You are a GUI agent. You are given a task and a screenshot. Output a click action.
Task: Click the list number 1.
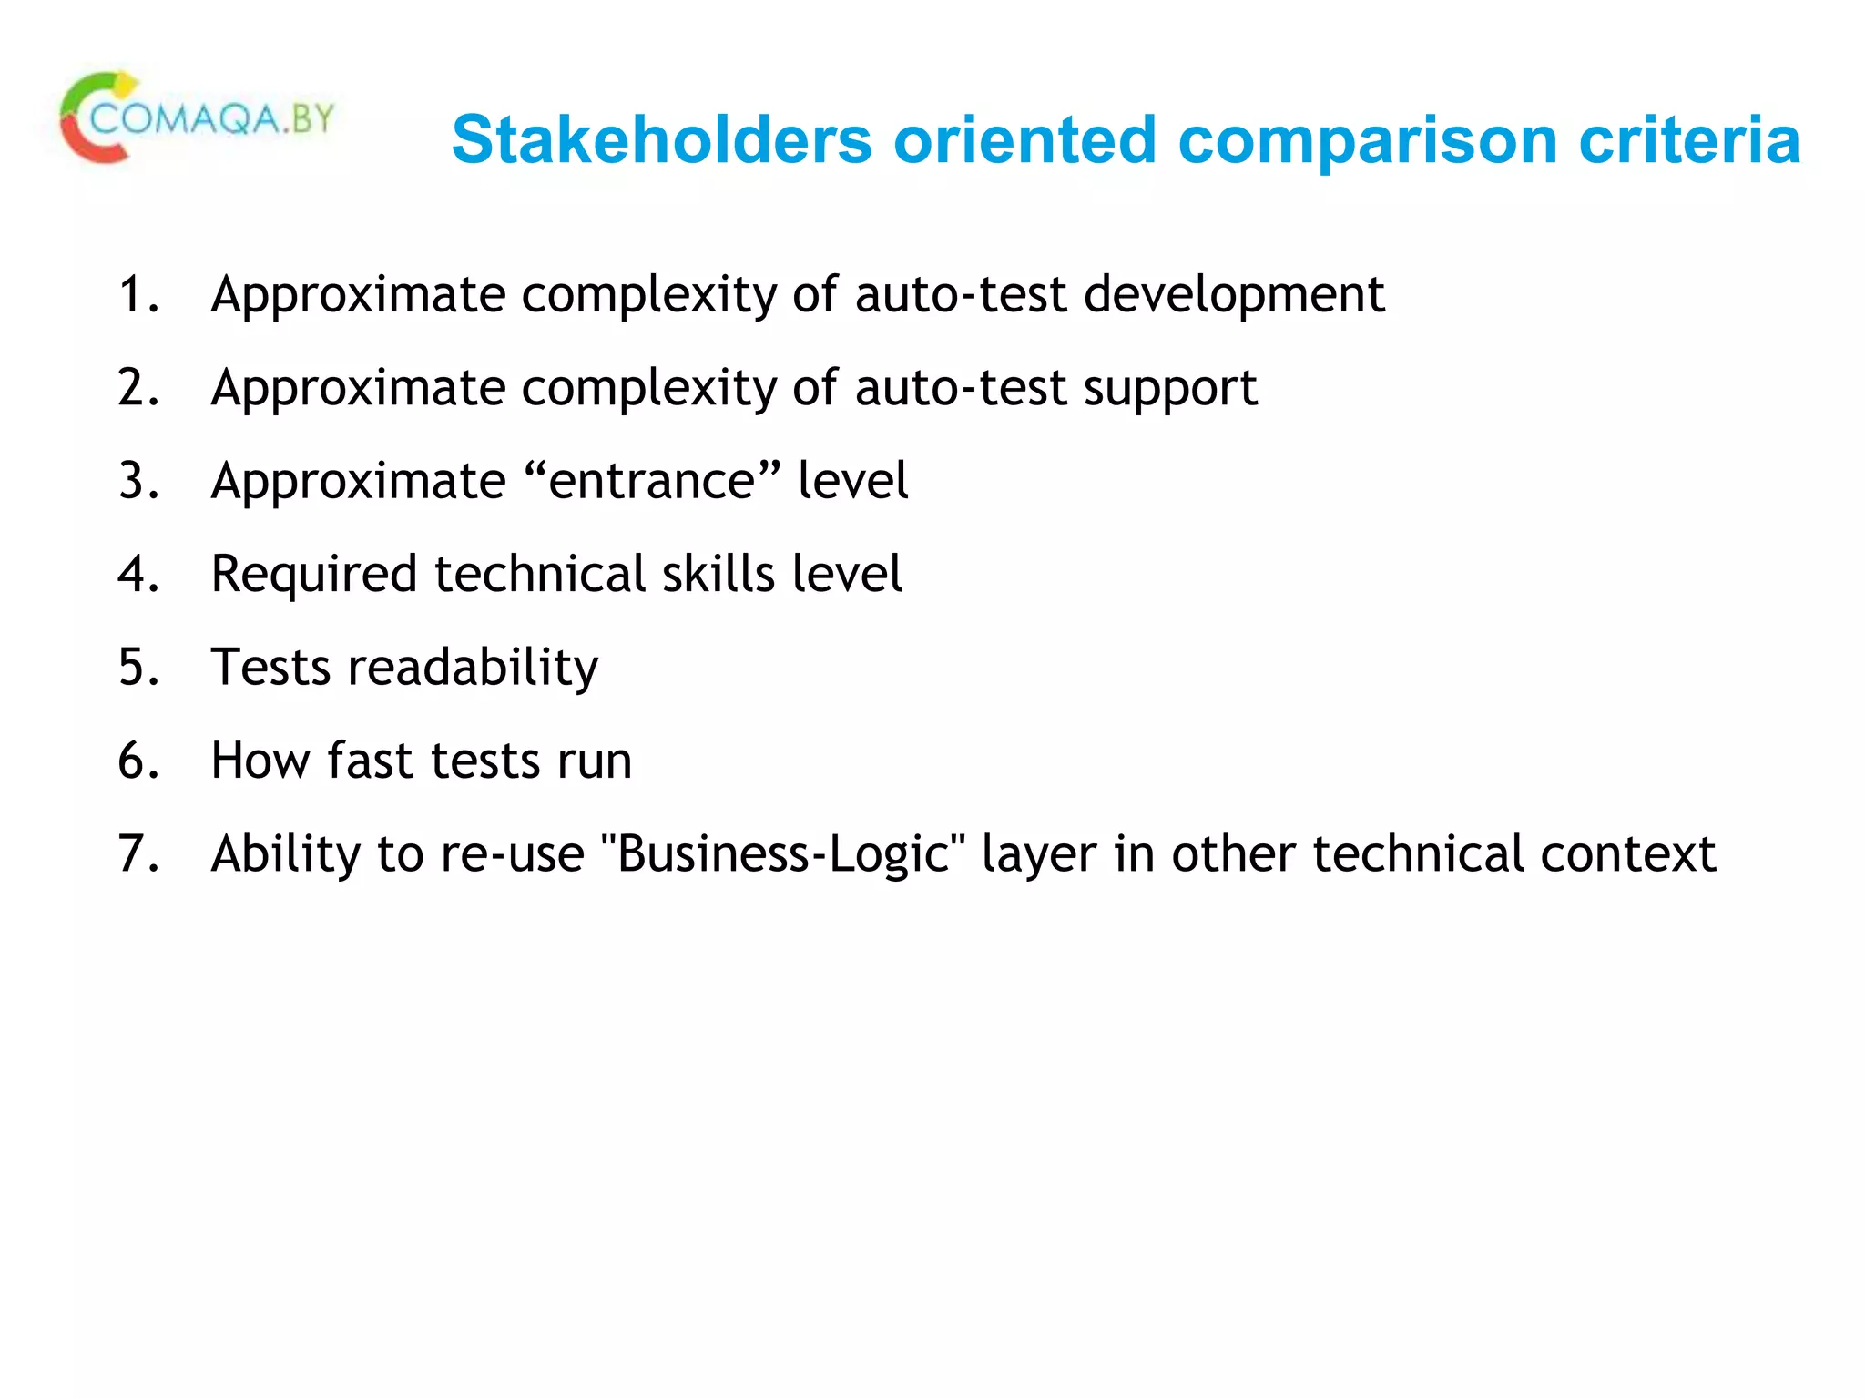138,295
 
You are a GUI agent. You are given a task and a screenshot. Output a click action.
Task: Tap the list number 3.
138,482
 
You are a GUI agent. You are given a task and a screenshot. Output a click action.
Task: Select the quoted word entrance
651,482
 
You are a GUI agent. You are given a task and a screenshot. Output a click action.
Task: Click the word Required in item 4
314,576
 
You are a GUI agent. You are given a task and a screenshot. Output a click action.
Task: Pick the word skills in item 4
718,575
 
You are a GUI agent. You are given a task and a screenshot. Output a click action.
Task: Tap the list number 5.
138,668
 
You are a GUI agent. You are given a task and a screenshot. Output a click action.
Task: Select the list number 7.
138,854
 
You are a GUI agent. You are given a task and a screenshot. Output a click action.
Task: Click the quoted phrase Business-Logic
783,854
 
